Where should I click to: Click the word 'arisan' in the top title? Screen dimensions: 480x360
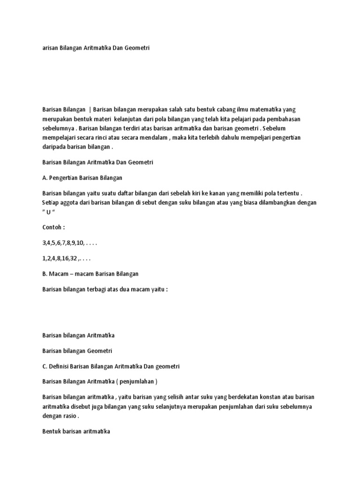coord(50,48)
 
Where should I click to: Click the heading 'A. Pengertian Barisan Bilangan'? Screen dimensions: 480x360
coord(82,178)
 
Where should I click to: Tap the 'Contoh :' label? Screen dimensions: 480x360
coord(54,227)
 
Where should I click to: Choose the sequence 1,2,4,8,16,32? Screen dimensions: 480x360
coord(66,258)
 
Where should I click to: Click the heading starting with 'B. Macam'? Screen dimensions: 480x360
coord(90,274)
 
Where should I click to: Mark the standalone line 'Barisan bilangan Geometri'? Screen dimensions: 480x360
coord(77,351)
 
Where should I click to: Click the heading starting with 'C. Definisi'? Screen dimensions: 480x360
coord(111,366)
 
